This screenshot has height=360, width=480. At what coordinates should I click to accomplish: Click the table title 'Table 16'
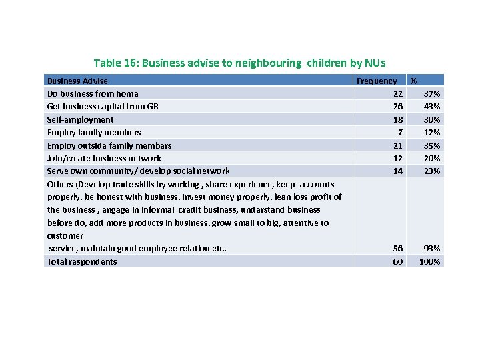pos(239,63)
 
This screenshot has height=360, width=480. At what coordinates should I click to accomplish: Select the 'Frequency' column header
pos(377,81)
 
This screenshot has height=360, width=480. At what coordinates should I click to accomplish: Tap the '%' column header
pos(413,81)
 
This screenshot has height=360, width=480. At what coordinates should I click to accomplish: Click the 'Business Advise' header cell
pos(77,81)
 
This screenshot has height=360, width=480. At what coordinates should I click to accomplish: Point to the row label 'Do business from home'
pos(93,93)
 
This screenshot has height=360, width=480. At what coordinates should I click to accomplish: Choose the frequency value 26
pos(397,107)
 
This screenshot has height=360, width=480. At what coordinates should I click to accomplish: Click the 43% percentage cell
pos(432,107)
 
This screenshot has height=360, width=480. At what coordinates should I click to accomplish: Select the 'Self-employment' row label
pos(80,119)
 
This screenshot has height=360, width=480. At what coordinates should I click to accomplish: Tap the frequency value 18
pos(397,119)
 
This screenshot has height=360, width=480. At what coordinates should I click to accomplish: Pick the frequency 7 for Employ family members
pos(400,132)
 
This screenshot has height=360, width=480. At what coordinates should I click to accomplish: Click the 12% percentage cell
pos(432,132)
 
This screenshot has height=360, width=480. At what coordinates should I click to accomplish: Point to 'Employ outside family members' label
pos(109,145)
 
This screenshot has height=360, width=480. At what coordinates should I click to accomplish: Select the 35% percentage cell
pos(432,145)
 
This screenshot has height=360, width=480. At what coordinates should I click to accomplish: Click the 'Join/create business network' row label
pos(104,158)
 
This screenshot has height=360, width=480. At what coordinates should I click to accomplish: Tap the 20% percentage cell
pos(432,158)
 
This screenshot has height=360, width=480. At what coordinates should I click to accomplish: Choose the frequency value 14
pos(397,171)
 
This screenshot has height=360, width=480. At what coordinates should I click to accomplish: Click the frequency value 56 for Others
pos(397,248)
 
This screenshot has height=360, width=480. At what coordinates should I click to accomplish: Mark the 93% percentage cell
pos(432,248)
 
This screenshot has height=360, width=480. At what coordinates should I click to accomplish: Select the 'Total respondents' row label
pos(82,261)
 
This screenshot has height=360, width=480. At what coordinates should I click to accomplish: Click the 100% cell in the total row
pos(430,261)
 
